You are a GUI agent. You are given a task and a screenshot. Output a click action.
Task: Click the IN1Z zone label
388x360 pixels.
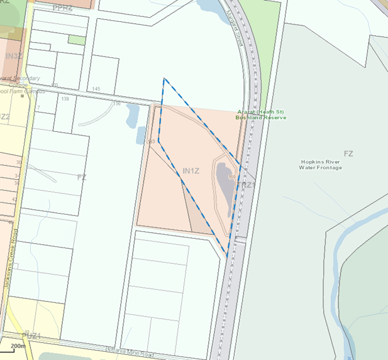(191, 171)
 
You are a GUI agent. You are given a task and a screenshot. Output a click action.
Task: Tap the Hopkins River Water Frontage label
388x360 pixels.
(320, 165)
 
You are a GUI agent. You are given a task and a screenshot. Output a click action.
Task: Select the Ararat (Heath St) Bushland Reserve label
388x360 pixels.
(261, 114)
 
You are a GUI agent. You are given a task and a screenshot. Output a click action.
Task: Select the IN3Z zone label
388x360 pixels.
(14, 57)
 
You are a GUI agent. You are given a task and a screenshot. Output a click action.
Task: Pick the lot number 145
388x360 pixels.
(96, 89)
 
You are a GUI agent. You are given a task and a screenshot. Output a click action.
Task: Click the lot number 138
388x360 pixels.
(65, 99)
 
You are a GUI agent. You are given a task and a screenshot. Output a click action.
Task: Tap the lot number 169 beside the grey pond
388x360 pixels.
(232, 178)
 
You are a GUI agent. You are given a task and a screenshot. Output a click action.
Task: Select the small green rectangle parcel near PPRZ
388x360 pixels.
(77, 40)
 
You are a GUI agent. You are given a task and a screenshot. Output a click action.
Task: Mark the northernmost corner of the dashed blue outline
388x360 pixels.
(164, 79)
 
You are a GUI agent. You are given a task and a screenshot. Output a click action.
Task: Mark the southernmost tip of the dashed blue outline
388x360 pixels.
(226, 257)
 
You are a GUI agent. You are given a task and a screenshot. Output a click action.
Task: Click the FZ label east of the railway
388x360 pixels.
(348, 153)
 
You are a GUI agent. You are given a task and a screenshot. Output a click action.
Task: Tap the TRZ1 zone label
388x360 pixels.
(247, 185)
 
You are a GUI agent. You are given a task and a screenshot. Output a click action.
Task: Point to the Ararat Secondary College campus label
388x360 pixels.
(19, 84)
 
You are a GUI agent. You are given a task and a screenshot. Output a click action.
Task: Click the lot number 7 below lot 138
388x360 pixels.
(38, 108)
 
